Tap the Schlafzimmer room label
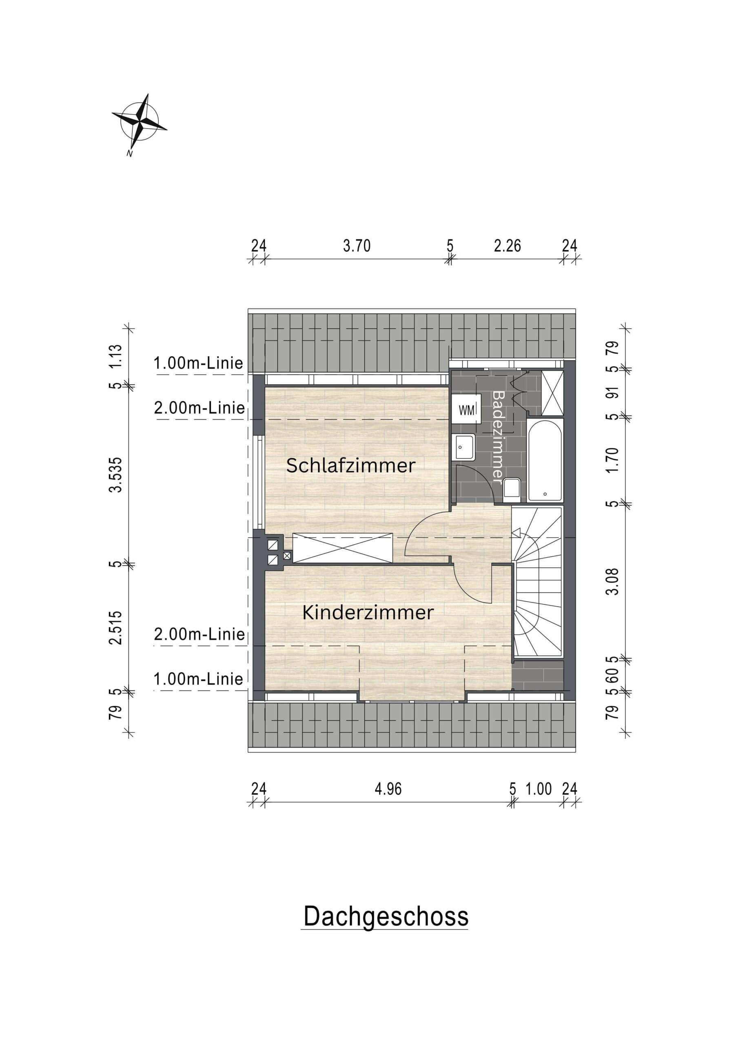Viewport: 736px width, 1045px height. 351,465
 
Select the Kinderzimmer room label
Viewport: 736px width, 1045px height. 368,613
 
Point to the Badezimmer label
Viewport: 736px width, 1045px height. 499,437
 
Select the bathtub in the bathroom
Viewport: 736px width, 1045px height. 545,460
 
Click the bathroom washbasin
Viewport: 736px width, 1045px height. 463,447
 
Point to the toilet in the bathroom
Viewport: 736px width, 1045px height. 512,490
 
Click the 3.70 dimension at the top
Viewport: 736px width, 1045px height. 357,246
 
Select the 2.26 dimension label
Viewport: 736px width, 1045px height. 507,246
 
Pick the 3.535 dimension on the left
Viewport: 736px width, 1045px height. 116,475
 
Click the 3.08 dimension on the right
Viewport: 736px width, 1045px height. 613,581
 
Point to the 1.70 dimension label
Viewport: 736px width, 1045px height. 613,460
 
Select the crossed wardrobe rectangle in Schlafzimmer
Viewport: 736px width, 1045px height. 343,547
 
